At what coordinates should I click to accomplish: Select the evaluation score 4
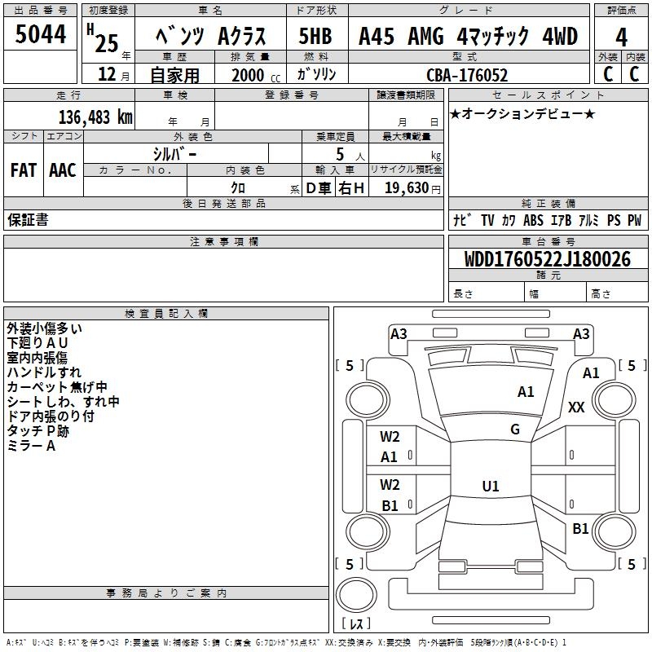coord(621,37)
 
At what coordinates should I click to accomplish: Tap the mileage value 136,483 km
coord(95,117)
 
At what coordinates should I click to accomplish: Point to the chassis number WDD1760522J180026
coord(547,260)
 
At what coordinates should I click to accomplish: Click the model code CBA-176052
coord(467,75)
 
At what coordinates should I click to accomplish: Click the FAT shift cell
coord(24,170)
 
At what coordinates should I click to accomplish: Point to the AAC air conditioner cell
coord(63,170)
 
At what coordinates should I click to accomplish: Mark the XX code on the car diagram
coord(576,407)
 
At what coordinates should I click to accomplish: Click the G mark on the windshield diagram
coord(515,430)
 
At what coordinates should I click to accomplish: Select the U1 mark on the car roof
coord(491,487)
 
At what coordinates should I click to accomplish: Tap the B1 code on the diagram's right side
coord(580,528)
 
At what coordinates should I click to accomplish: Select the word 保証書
coord(28,220)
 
